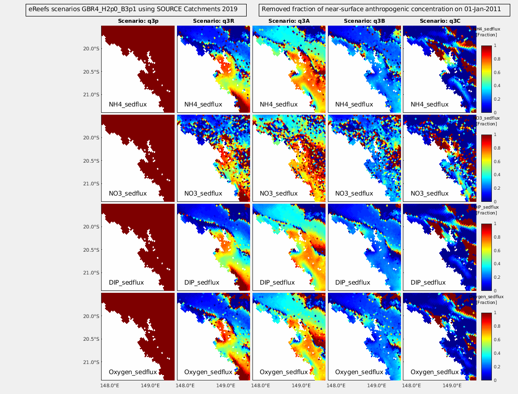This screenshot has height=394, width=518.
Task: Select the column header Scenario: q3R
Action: [x=213, y=21]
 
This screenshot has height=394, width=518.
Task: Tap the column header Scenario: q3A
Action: [x=289, y=21]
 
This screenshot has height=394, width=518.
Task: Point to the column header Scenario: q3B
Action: [x=364, y=21]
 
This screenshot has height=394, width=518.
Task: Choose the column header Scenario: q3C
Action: [x=440, y=21]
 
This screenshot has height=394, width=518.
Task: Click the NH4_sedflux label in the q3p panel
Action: [x=128, y=104]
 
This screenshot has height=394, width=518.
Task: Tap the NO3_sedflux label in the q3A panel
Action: [x=279, y=193]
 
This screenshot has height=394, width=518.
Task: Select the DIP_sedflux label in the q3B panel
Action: [x=353, y=282]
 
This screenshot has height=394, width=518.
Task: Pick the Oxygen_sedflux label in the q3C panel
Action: [x=434, y=372]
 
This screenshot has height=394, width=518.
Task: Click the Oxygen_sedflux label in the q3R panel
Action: [x=208, y=372]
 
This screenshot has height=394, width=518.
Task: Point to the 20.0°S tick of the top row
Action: [x=90, y=49]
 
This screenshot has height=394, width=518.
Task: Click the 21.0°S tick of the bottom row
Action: [x=90, y=362]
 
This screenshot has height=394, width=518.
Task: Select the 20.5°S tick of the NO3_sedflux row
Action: [x=90, y=161]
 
